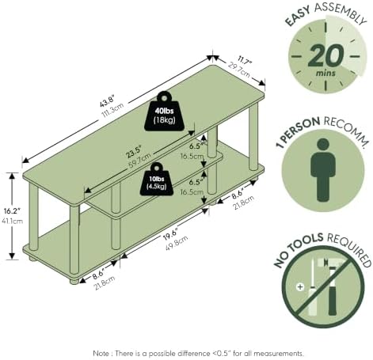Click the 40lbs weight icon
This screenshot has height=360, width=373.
(x=164, y=112)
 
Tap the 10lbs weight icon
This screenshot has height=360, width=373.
(x=157, y=179)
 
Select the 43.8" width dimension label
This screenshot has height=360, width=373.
(x=107, y=101)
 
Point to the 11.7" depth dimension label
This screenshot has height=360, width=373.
(x=245, y=63)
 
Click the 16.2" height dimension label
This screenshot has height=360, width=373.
(x=12, y=211)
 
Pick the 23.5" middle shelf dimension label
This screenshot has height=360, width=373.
(x=134, y=152)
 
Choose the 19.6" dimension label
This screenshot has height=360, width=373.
(x=170, y=234)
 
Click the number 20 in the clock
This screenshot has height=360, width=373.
(x=326, y=55)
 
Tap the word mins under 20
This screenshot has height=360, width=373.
(x=325, y=73)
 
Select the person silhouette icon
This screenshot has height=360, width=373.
(x=323, y=170)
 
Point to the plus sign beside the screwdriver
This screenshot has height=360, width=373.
(x=300, y=286)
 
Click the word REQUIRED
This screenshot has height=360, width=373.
(x=349, y=249)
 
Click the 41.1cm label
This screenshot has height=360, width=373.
(x=12, y=221)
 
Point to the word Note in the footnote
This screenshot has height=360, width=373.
(x=101, y=353)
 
